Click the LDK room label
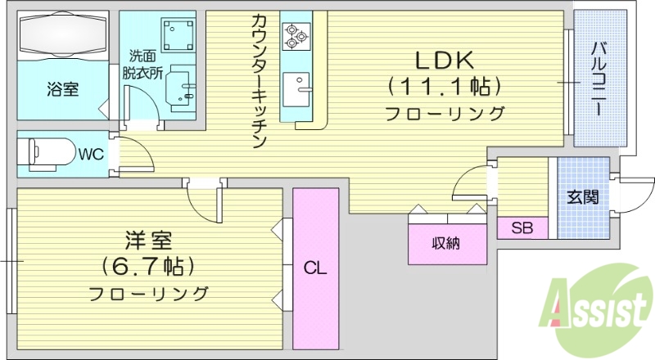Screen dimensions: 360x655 coord(445,60)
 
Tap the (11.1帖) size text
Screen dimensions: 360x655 coord(445,85)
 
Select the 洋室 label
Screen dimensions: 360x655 coord(147,241)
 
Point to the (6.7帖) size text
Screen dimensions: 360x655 coord(147,267)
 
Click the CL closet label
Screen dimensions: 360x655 coord(315,268)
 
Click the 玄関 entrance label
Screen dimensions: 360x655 coord(583,197)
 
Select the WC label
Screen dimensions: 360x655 coord(90,153)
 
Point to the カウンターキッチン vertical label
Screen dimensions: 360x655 coord(259,82)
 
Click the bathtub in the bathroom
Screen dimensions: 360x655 coord(62,38)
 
